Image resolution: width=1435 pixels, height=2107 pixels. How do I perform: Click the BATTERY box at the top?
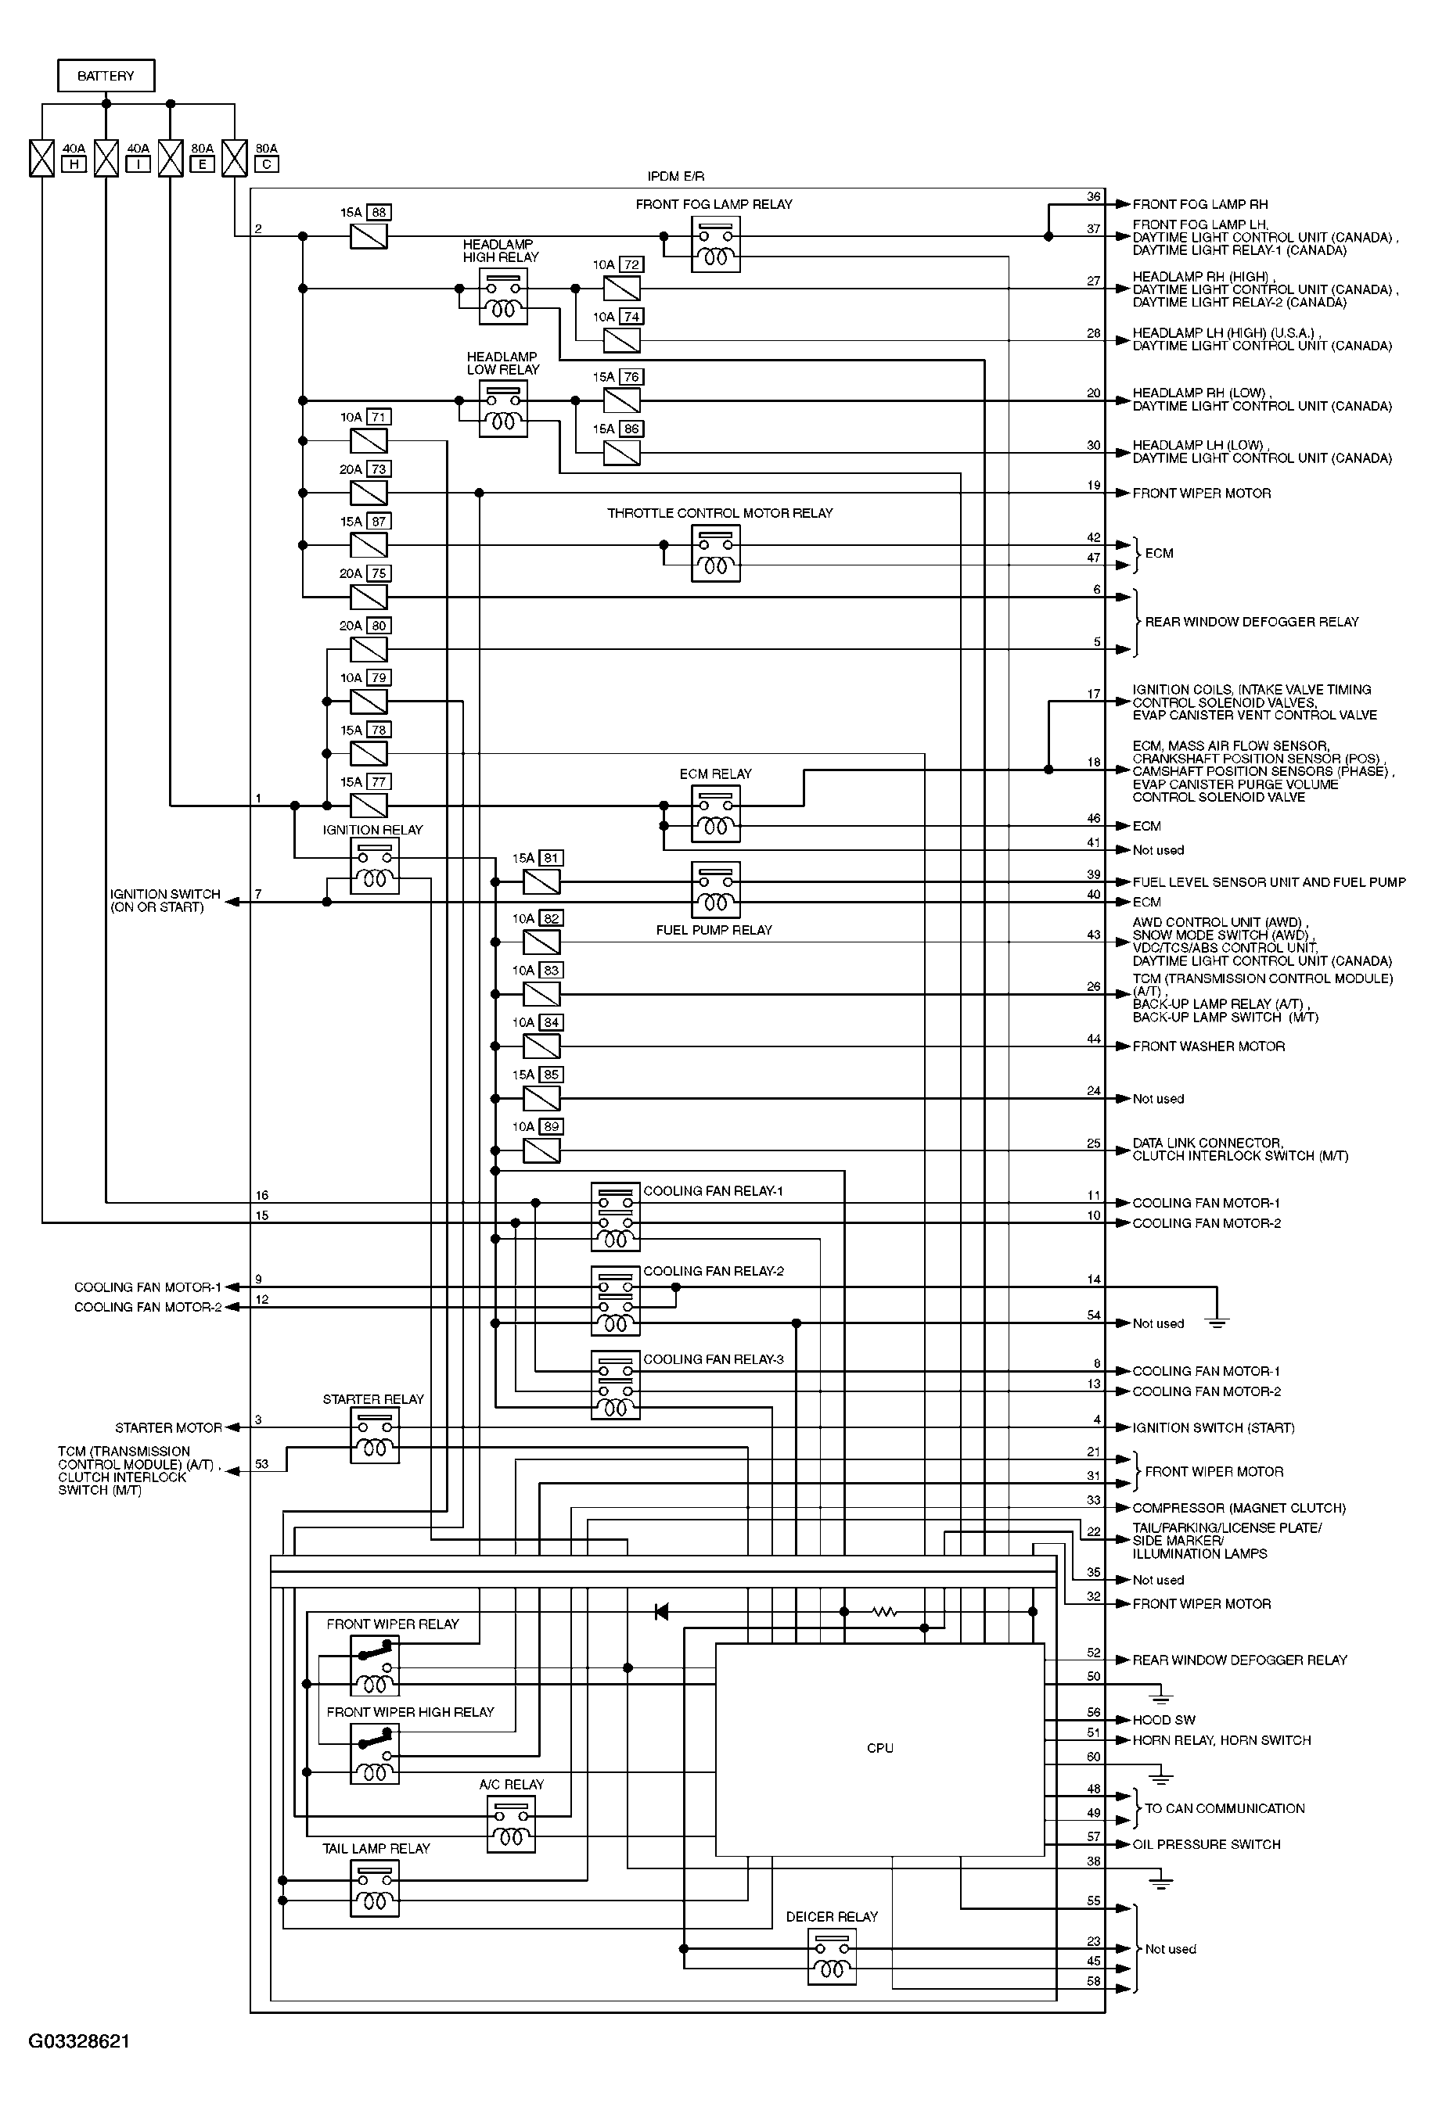[105, 75]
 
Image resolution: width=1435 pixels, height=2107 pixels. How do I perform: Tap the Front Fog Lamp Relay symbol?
[715, 244]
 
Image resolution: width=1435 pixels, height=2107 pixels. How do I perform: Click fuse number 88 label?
[379, 212]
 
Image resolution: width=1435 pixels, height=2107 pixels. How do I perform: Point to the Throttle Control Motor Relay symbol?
[715, 553]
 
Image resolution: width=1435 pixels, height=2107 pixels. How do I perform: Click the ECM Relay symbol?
[715, 813]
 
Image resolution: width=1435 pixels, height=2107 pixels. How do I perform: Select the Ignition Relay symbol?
[374, 866]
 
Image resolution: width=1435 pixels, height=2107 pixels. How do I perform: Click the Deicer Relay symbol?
[831, 1958]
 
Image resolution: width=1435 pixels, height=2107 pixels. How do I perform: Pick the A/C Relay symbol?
[511, 1824]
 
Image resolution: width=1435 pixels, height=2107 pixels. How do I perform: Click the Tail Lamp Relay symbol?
[374, 1889]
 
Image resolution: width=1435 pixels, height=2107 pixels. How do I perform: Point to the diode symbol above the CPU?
[661, 1611]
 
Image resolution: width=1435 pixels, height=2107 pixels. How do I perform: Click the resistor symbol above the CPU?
[883, 1611]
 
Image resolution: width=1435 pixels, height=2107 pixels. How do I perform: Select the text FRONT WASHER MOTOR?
[1207, 1046]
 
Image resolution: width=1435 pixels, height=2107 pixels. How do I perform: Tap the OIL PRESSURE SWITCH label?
[1206, 1844]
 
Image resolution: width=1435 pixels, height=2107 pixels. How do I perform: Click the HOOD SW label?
[1163, 1720]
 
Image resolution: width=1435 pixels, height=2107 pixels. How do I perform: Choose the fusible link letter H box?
[74, 164]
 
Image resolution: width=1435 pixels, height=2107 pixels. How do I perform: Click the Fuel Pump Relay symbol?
[715, 888]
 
